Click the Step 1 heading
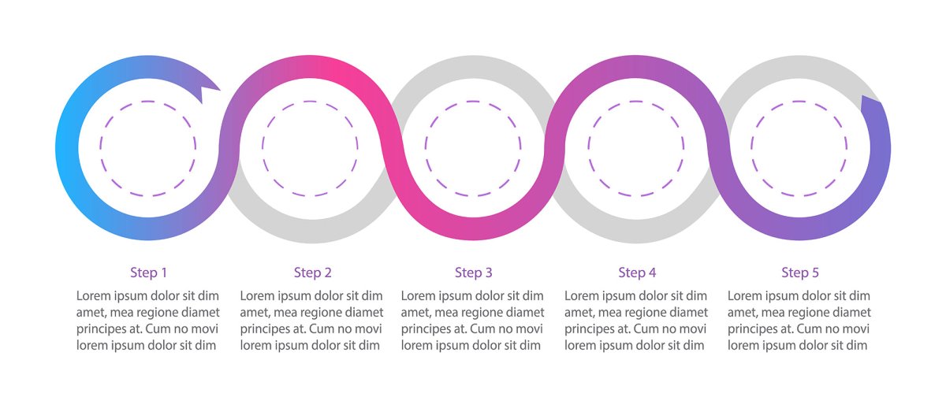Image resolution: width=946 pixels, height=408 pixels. (149, 273)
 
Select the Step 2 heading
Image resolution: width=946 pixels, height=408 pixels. (312, 273)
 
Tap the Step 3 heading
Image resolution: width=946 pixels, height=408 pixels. (474, 273)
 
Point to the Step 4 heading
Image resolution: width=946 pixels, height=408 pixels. (637, 273)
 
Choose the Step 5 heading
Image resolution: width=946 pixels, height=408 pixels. (800, 273)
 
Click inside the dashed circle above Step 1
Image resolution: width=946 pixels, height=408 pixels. (148, 149)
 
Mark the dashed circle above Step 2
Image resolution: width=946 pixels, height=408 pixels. (310, 149)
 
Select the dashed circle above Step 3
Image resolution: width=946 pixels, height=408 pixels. (473, 149)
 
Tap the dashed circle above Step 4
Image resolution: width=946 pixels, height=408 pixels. (636, 149)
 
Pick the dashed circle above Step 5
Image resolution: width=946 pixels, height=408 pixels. (799, 149)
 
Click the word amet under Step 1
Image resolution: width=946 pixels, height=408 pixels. (88, 313)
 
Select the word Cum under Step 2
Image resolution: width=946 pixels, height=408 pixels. (321, 328)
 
